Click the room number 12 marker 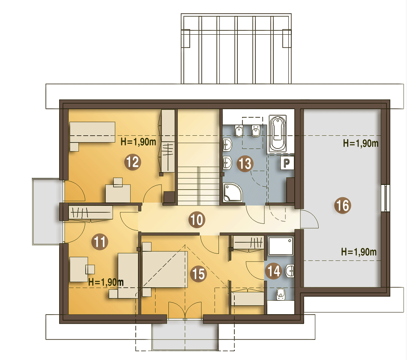point(133,162)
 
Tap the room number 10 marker point(197,220)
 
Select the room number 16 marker point(343,205)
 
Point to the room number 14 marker point(273,271)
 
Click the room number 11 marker point(100,242)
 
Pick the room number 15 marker point(198,274)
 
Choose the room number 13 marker point(245,164)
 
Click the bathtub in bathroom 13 point(278,134)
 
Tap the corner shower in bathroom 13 point(233,192)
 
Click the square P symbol point(287,163)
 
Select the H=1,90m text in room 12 point(138,142)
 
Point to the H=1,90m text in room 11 point(106,282)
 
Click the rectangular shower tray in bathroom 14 point(281,246)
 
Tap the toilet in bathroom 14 point(281,294)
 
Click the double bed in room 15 point(165,269)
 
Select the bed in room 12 point(92,132)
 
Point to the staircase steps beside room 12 point(198,185)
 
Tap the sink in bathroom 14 point(290,271)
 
